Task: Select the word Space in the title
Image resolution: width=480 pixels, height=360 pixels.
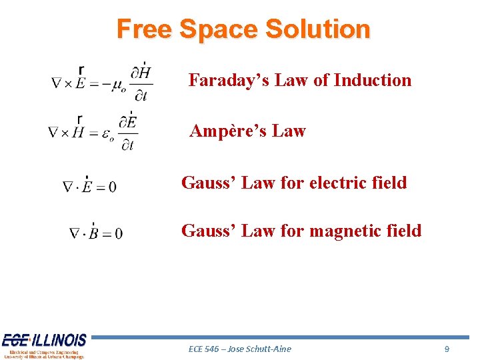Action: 218,29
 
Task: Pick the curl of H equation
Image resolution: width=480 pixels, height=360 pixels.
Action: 93,133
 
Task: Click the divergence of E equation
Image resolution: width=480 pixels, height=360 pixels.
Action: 89,186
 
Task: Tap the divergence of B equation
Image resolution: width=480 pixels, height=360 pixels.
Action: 95,233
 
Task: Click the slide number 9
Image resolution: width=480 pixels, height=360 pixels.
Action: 447,349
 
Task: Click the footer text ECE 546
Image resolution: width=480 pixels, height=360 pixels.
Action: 203,349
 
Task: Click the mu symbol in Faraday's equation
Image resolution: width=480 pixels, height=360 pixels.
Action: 119,85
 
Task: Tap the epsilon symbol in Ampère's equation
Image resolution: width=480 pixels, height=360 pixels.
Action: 109,134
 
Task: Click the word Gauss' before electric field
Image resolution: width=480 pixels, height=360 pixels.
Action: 209,182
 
